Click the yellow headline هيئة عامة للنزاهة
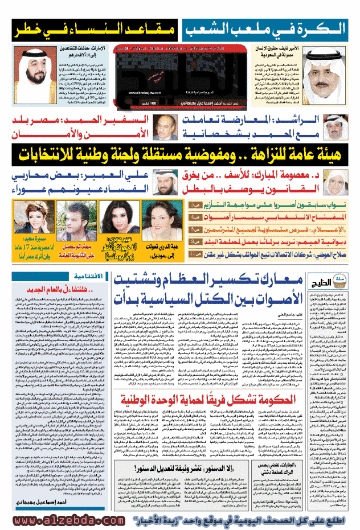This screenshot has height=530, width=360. [x=179, y=154]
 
